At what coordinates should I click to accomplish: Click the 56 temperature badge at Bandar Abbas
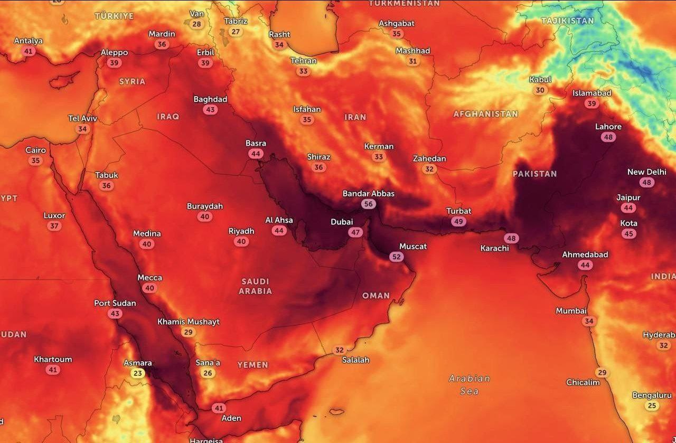[368, 204]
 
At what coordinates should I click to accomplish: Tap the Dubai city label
[342, 222]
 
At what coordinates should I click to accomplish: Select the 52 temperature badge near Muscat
[396, 257]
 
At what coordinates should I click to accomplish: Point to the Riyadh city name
[241, 231]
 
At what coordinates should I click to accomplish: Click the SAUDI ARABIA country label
[256, 286]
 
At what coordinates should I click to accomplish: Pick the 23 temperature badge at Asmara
[138, 373]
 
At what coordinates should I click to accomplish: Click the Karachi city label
[494, 248]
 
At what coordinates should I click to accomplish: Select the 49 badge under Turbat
[458, 222]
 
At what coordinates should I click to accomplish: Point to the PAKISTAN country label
[534, 174]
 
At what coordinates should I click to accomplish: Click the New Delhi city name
[646, 172]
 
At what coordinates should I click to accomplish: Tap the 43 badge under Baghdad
[210, 110]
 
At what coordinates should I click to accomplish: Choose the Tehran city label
[303, 61]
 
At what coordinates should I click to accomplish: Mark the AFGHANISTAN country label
[485, 114]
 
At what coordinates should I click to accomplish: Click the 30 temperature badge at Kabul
[540, 90]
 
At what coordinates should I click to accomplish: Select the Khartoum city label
[53, 360]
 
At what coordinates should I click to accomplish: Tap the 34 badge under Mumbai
[589, 321]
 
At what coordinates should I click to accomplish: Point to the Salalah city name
[355, 360]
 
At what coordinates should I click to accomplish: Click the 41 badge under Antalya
[29, 51]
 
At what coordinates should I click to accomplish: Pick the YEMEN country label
[252, 365]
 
